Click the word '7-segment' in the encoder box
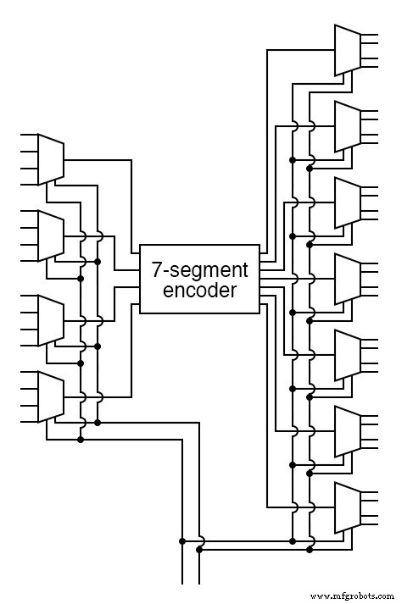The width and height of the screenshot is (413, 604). coord(199,270)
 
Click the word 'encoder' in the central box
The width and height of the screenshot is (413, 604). coord(199,291)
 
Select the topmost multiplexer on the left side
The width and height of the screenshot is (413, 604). coord(51,159)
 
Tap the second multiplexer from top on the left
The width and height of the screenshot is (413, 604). coord(51,236)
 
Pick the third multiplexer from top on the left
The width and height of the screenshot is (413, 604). coord(51,320)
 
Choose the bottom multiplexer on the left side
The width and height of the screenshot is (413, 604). coord(51,396)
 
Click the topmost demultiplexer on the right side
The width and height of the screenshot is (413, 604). coord(349,50)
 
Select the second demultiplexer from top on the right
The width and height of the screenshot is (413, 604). coord(349,126)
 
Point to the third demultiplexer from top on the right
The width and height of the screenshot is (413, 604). coord(349,202)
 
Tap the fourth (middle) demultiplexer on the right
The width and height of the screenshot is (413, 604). coord(349,279)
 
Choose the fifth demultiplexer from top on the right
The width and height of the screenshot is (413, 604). coord(349,355)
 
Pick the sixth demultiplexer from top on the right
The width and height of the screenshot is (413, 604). coord(349,431)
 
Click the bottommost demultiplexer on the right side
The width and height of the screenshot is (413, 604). coord(349,507)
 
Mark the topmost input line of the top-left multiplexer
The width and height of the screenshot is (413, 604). coord(27,136)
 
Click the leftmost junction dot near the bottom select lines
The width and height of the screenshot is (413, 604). coord(182,540)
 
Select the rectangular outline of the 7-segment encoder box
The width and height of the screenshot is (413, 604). coord(139,280)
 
